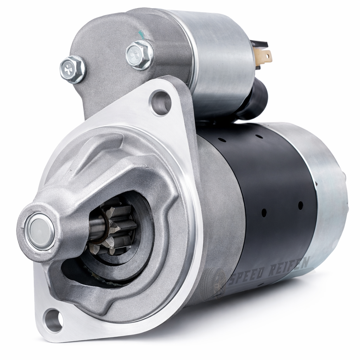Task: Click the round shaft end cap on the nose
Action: click(x=40, y=232)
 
